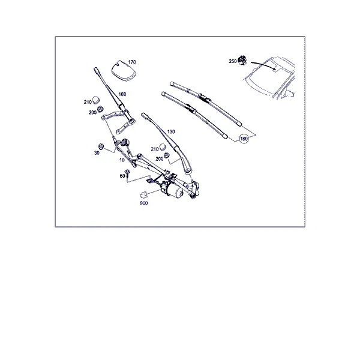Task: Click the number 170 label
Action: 132,62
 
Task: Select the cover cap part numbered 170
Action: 124,71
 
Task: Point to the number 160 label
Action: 122,94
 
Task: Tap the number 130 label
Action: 171,131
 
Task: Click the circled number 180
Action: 244,139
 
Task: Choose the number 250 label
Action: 233,61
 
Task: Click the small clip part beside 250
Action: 242,60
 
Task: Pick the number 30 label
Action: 97,152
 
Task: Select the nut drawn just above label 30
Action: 101,146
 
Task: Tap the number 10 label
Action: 122,160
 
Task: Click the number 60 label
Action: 122,176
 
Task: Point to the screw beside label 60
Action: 127,173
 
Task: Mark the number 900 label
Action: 144,203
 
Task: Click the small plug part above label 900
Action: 143,194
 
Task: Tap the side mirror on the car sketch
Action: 290,94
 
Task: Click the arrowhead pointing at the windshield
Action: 274,68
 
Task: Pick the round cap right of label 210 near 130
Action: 163,147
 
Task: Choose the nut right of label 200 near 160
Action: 100,109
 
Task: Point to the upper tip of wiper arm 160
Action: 95,68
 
